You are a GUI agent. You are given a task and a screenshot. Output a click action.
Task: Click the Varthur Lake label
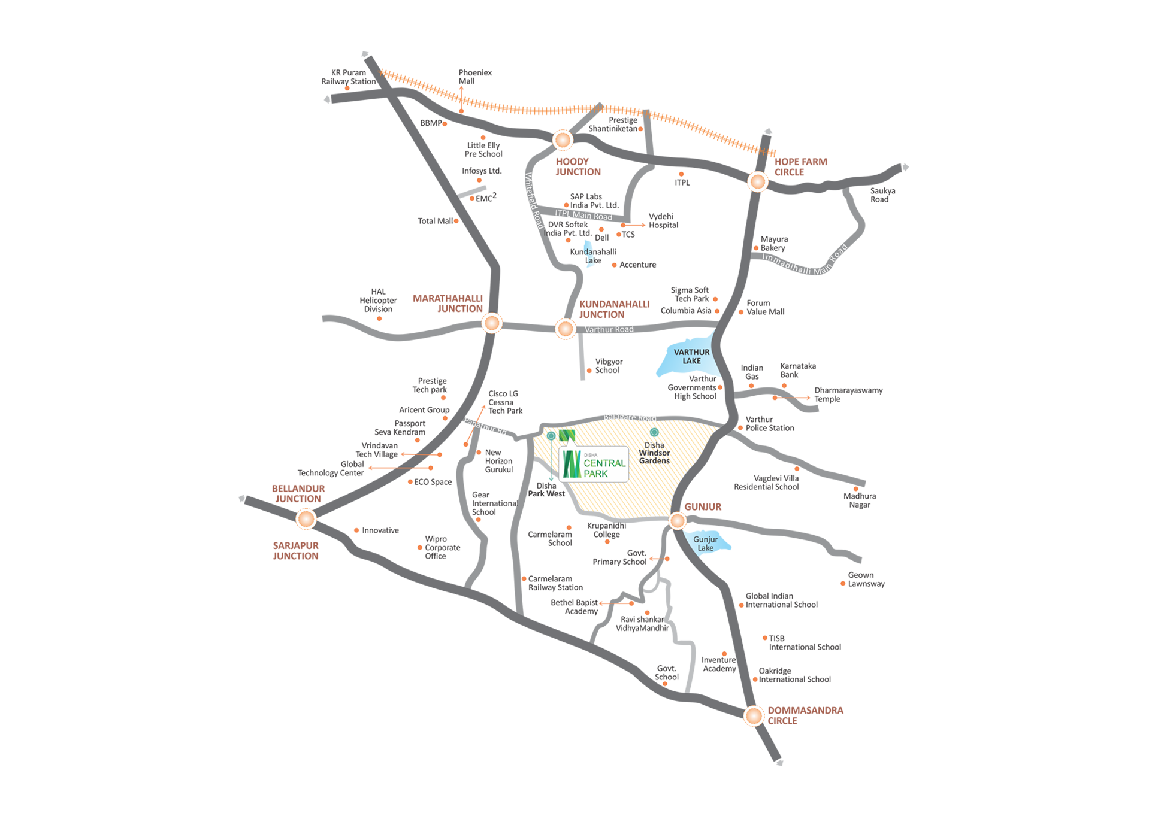pos(691,356)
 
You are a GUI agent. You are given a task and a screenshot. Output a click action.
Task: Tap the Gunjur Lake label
pos(705,543)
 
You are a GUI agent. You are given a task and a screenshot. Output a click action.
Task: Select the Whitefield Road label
pos(533,201)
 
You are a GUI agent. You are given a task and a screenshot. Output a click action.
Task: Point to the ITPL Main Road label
pos(583,214)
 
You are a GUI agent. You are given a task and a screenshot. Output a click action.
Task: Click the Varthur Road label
pos(609,329)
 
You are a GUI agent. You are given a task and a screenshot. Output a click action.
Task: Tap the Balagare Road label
pos(629,417)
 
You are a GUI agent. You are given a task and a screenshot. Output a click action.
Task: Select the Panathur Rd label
pos(486,427)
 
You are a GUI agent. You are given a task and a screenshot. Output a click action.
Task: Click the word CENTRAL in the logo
pos(604,463)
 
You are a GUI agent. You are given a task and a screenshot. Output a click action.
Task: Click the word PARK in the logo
pos(595,474)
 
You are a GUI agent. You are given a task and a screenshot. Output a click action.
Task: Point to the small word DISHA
pos(590,455)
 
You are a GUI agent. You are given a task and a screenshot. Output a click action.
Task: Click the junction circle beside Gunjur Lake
pos(677,521)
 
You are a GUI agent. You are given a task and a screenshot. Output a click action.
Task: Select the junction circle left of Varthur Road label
pos(564,329)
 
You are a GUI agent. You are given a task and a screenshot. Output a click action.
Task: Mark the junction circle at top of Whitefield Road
pos(562,141)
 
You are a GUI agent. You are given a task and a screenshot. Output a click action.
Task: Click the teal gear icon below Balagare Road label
pos(654,432)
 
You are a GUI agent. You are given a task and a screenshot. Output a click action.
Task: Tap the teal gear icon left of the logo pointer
pos(551,436)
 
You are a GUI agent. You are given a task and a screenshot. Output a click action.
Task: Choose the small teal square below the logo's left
pos(550,478)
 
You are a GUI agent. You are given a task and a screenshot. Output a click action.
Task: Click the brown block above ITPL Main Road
pos(578,168)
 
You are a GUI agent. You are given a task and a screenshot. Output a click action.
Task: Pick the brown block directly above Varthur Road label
pos(617,302)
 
